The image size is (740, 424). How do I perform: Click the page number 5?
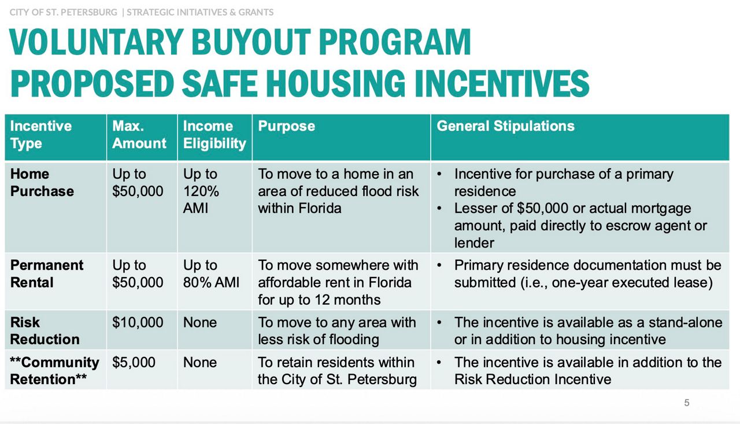687,403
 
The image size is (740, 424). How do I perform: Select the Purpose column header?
286,126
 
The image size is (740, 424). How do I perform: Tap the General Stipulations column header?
505,126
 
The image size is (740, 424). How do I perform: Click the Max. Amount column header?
139,135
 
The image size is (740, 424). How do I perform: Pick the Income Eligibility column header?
214,135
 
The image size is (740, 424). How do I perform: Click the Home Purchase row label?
42,183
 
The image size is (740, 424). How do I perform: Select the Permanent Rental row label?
46,274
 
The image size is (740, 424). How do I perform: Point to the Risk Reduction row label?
45,330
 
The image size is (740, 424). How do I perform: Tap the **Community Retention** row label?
54,371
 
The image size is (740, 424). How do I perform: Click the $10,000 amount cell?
138,322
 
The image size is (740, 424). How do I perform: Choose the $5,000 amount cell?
134,363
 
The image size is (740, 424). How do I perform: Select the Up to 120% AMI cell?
200,191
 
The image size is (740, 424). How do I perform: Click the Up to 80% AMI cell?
211,274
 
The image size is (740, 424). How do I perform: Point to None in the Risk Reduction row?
199,322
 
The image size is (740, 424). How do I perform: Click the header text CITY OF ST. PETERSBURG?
63,12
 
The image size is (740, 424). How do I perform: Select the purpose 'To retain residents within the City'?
337,371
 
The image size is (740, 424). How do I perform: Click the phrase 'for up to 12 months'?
319,300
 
